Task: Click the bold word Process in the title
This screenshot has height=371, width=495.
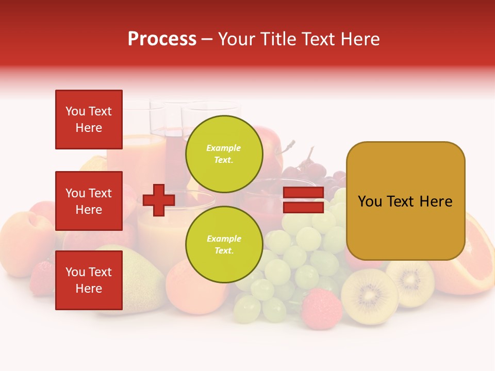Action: tap(162, 39)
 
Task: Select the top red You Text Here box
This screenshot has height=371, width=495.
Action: tap(89, 120)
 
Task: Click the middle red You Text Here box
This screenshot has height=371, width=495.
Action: tap(89, 201)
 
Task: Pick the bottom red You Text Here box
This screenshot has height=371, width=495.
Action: tap(89, 280)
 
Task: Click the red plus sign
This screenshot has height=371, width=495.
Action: tap(159, 200)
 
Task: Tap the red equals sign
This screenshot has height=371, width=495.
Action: tap(304, 200)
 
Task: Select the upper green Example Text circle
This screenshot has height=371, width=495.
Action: tap(224, 154)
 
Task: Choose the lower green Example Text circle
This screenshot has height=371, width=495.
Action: tap(224, 245)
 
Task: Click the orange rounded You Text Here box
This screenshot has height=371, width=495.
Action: tap(405, 201)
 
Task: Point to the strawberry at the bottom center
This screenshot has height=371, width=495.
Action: tap(321, 308)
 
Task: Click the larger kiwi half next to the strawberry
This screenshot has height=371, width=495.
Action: tap(369, 296)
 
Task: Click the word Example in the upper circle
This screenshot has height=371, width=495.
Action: tap(224, 148)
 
